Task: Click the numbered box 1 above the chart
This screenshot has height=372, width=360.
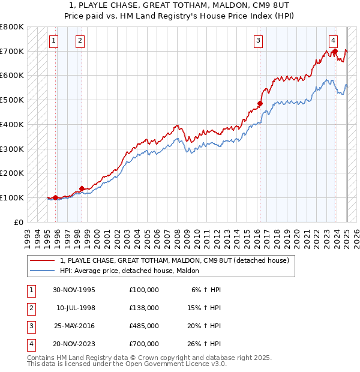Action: coord(54,41)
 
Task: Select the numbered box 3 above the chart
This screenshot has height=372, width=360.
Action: coord(258,41)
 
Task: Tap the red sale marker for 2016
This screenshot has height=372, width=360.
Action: coord(260,104)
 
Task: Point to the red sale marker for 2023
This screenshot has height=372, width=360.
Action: coord(335,51)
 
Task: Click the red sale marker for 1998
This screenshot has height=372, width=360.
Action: coord(82,188)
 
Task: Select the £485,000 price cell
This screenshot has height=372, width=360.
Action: coord(144,327)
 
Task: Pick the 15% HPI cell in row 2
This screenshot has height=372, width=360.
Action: coord(205,308)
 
